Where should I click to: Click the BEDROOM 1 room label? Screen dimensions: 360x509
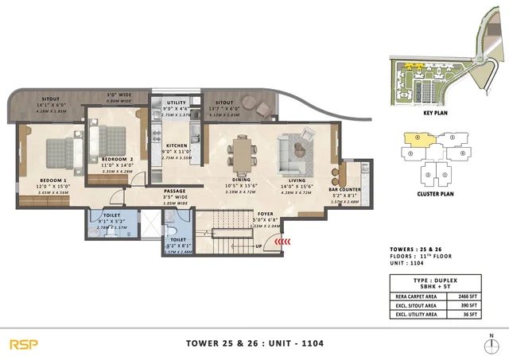point(53,180)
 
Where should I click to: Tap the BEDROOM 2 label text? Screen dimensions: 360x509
point(116,160)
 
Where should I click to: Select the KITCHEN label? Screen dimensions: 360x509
point(176,146)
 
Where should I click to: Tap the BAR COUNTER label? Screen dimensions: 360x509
point(346,190)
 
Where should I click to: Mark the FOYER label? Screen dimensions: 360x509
point(265,214)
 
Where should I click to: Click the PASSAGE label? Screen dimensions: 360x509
point(175,191)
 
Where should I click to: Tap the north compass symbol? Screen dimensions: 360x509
point(492,344)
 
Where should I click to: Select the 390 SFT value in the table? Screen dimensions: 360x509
point(472,304)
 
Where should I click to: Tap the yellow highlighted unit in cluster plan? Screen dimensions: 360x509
point(418,137)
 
